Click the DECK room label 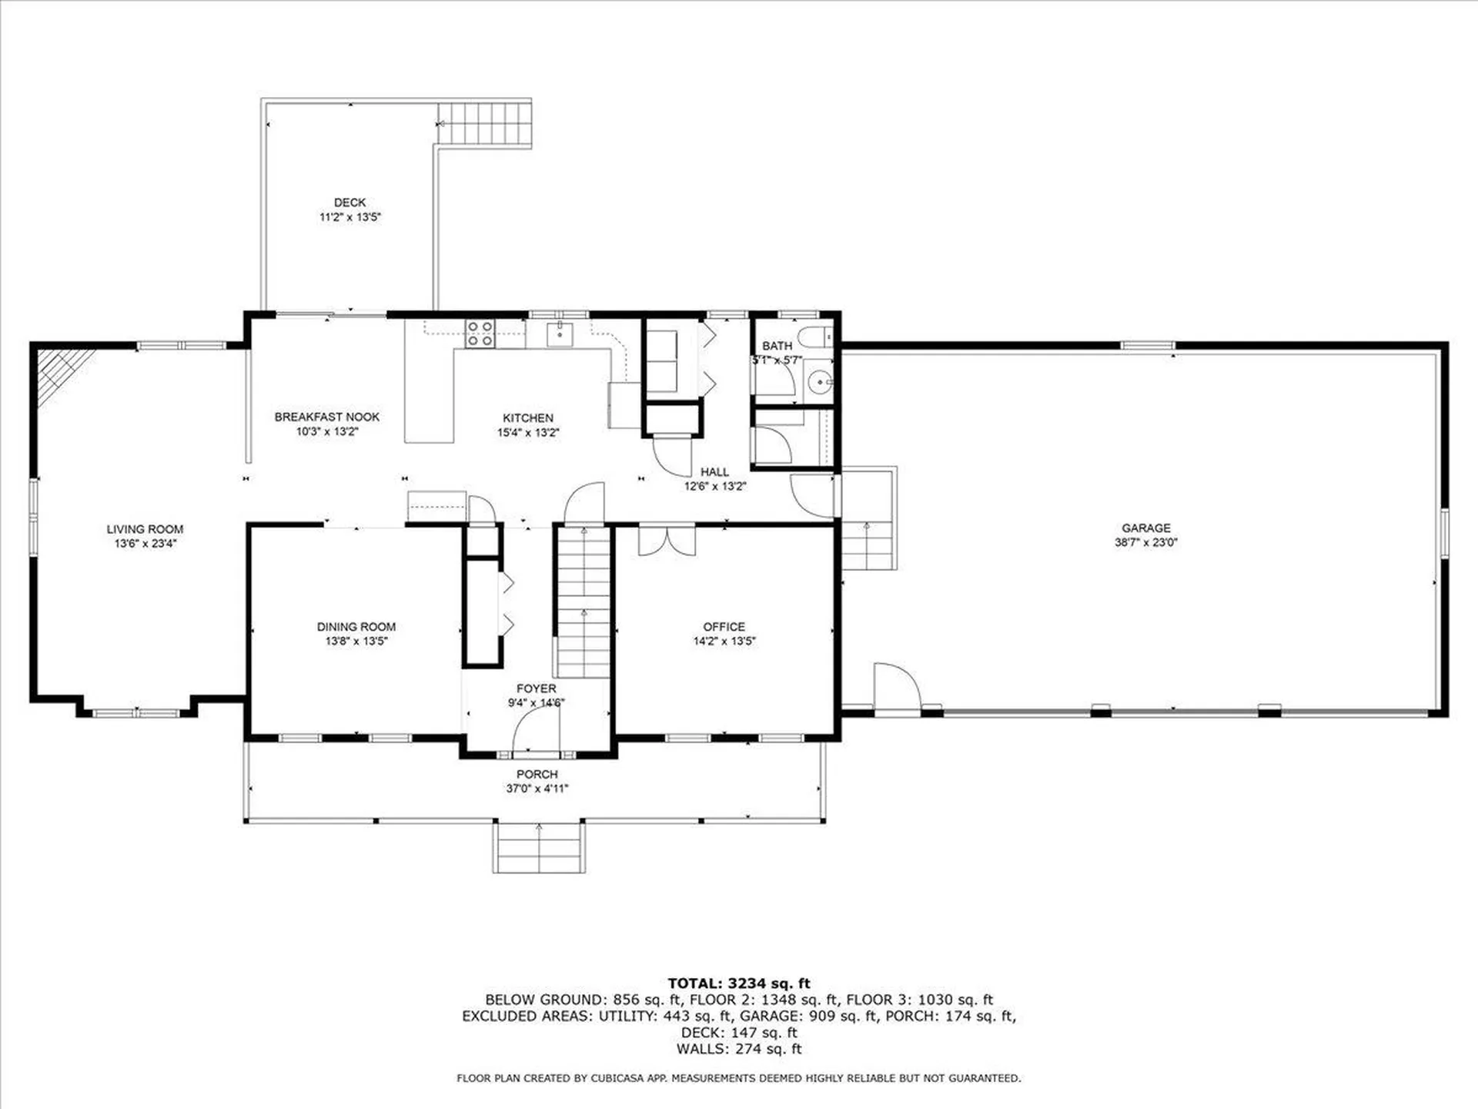pos(349,203)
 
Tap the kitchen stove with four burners pos(480,334)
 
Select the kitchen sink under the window pos(560,334)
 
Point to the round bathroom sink pos(821,382)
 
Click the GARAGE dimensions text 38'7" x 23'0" pos(1145,542)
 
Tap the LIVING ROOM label pos(145,529)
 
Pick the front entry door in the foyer pos(537,732)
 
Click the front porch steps pos(539,847)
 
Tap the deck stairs pos(485,123)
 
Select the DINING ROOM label pos(356,627)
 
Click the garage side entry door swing pos(897,687)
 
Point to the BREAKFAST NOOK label pos(327,417)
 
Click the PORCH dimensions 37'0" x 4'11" pos(537,789)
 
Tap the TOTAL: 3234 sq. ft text pos(738,983)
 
